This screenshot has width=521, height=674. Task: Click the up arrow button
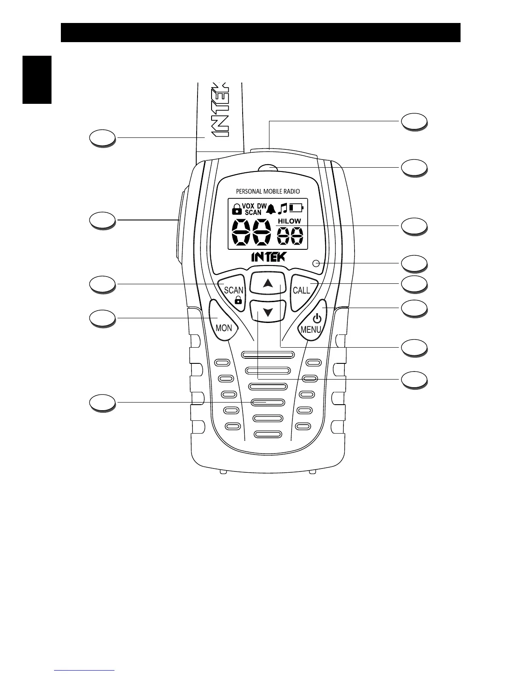coord(267,283)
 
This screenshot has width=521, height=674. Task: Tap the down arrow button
coord(267,312)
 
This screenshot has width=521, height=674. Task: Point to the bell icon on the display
coord(272,208)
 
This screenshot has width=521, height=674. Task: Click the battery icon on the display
coord(296,208)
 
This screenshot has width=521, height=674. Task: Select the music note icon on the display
coord(283,208)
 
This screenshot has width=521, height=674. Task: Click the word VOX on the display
coord(248,206)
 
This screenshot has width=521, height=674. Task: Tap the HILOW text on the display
coord(289,221)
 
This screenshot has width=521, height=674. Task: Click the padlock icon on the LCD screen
coord(236,208)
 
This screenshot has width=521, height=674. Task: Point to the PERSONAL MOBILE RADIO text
coord(268,191)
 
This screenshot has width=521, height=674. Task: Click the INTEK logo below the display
coord(269,257)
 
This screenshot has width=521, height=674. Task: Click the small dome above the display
coord(268,168)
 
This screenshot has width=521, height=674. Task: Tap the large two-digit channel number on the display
coord(251,233)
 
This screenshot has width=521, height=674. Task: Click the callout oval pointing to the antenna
coord(103,138)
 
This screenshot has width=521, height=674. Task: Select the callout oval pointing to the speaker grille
coord(103,402)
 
